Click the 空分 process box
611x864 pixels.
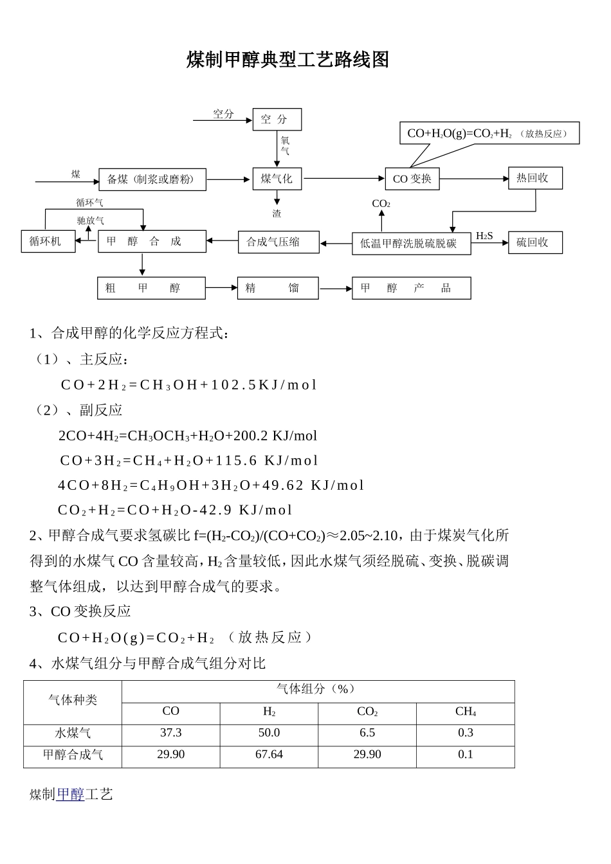tap(277, 120)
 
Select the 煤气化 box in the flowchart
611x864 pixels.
tap(277, 179)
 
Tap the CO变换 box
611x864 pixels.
tap(412, 179)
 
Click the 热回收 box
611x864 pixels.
tap(535, 178)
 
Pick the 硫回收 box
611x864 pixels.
tap(535, 242)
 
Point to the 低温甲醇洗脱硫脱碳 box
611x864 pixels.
tap(411, 243)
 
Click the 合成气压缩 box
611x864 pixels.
tap(278, 242)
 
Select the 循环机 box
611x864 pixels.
tap(48, 242)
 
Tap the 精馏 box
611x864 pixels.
tap(278, 288)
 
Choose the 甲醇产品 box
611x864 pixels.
tap(411, 288)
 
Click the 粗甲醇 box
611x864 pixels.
tap(151, 288)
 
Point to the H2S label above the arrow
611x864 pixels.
tap(484, 236)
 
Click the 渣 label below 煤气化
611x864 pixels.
tap(277, 213)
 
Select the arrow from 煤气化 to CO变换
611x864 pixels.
tap(343, 178)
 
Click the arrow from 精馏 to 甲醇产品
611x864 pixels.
tap(335, 289)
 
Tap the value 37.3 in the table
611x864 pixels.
tap(170, 733)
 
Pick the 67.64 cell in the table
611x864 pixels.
tap(269, 755)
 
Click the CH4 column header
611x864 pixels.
tap(465, 712)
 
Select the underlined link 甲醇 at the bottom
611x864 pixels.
tap(70, 795)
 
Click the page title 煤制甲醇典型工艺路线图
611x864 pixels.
tap(287, 60)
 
